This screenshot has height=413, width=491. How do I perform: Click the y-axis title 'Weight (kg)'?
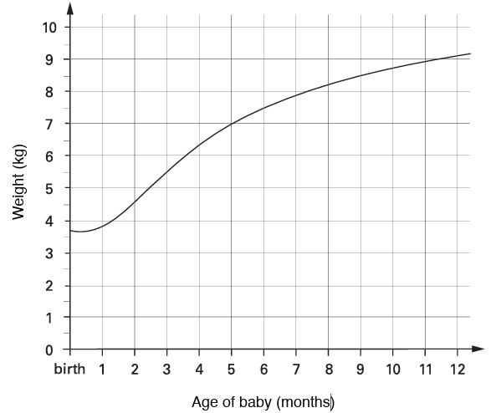point(20,182)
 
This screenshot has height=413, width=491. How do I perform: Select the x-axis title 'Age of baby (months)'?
point(263,401)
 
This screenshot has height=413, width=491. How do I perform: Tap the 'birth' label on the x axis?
point(70,369)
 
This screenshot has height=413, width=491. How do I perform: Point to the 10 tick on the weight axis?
point(49,27)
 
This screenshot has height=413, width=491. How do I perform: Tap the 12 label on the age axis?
point(457,369)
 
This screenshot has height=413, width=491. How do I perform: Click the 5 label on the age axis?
point(232,369)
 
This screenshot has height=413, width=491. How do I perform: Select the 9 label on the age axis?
point(361,369)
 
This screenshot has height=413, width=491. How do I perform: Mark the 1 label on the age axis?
point(102,369)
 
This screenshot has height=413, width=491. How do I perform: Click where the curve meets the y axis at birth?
point(71,230)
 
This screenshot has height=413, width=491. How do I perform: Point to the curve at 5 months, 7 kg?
point(232,124)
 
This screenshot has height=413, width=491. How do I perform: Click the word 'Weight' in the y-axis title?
point(20,195)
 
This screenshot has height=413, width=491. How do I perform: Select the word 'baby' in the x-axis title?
point(254,401)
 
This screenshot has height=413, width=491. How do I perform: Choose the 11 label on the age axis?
point(424,369)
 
